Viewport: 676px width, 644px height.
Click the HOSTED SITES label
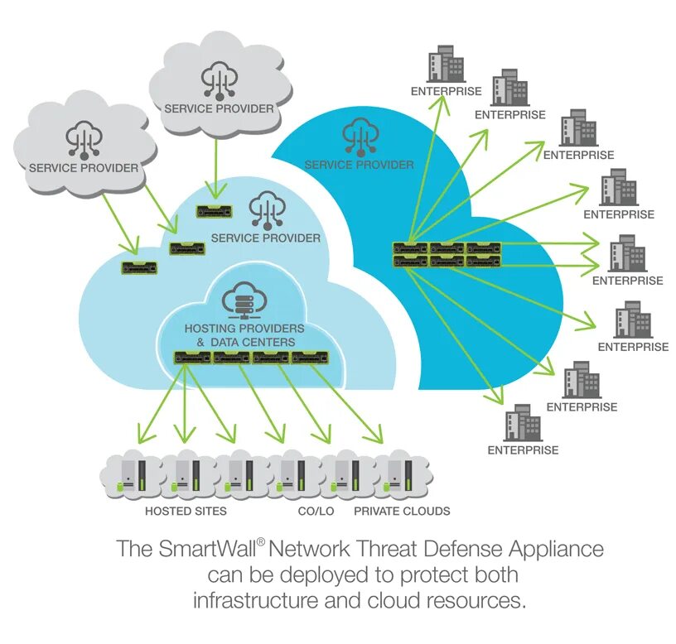pos(186,511)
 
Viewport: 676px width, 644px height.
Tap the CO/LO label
pos(316,511)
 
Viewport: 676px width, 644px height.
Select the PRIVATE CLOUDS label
pos(402,511)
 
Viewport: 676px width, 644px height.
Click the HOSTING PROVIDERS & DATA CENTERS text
pos(244,335)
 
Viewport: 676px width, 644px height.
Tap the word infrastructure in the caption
pos(255,600)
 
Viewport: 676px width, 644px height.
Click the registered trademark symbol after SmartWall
pos(261,541)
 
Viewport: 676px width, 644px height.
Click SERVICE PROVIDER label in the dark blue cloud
pos(360,165)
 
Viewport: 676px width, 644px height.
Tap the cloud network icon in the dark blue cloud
pos(360,137)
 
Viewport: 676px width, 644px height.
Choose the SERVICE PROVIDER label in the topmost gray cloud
pos(219,108)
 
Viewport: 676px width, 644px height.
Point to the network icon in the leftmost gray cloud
pos(84,139)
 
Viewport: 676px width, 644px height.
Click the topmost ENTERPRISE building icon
pos(446,64)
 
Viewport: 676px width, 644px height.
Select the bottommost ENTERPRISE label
pos(523,450)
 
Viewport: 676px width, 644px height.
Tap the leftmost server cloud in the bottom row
pos(132,474)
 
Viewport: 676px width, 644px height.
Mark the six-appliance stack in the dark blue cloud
pos(447,255)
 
